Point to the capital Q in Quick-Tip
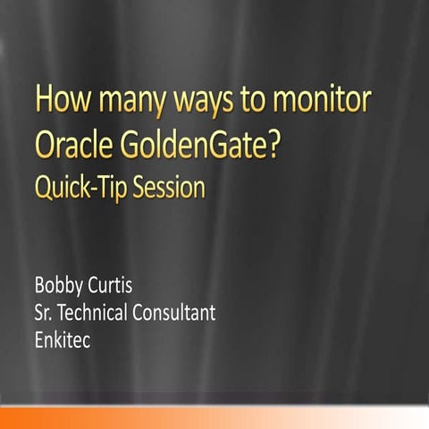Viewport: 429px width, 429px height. tap(43, 190)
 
